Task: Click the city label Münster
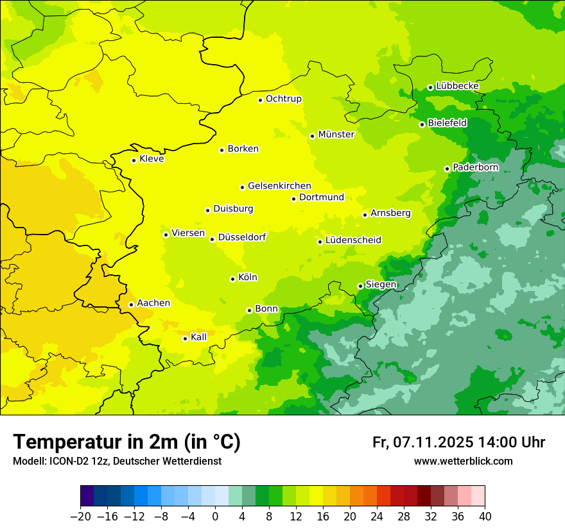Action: (336, 135)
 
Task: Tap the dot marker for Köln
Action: (232, 279)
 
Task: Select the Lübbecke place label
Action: (457, 86)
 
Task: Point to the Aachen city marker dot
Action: (131, 304)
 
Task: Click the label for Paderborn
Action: (475, 167)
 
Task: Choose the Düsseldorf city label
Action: (242, 237)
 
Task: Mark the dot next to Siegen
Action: (360, 286)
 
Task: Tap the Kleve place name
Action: (152, 159)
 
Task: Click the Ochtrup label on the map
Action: (283, 99)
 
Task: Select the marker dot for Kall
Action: (185, 338)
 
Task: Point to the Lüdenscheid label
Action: (353, 240)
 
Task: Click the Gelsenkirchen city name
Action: (279, 186)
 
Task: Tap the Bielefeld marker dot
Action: (422, 124)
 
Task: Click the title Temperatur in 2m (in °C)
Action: (126, 442)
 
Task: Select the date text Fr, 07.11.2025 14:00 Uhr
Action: (458, 442)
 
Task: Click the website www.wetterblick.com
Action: (463, 461)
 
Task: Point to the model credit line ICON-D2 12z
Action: (117, 461)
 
